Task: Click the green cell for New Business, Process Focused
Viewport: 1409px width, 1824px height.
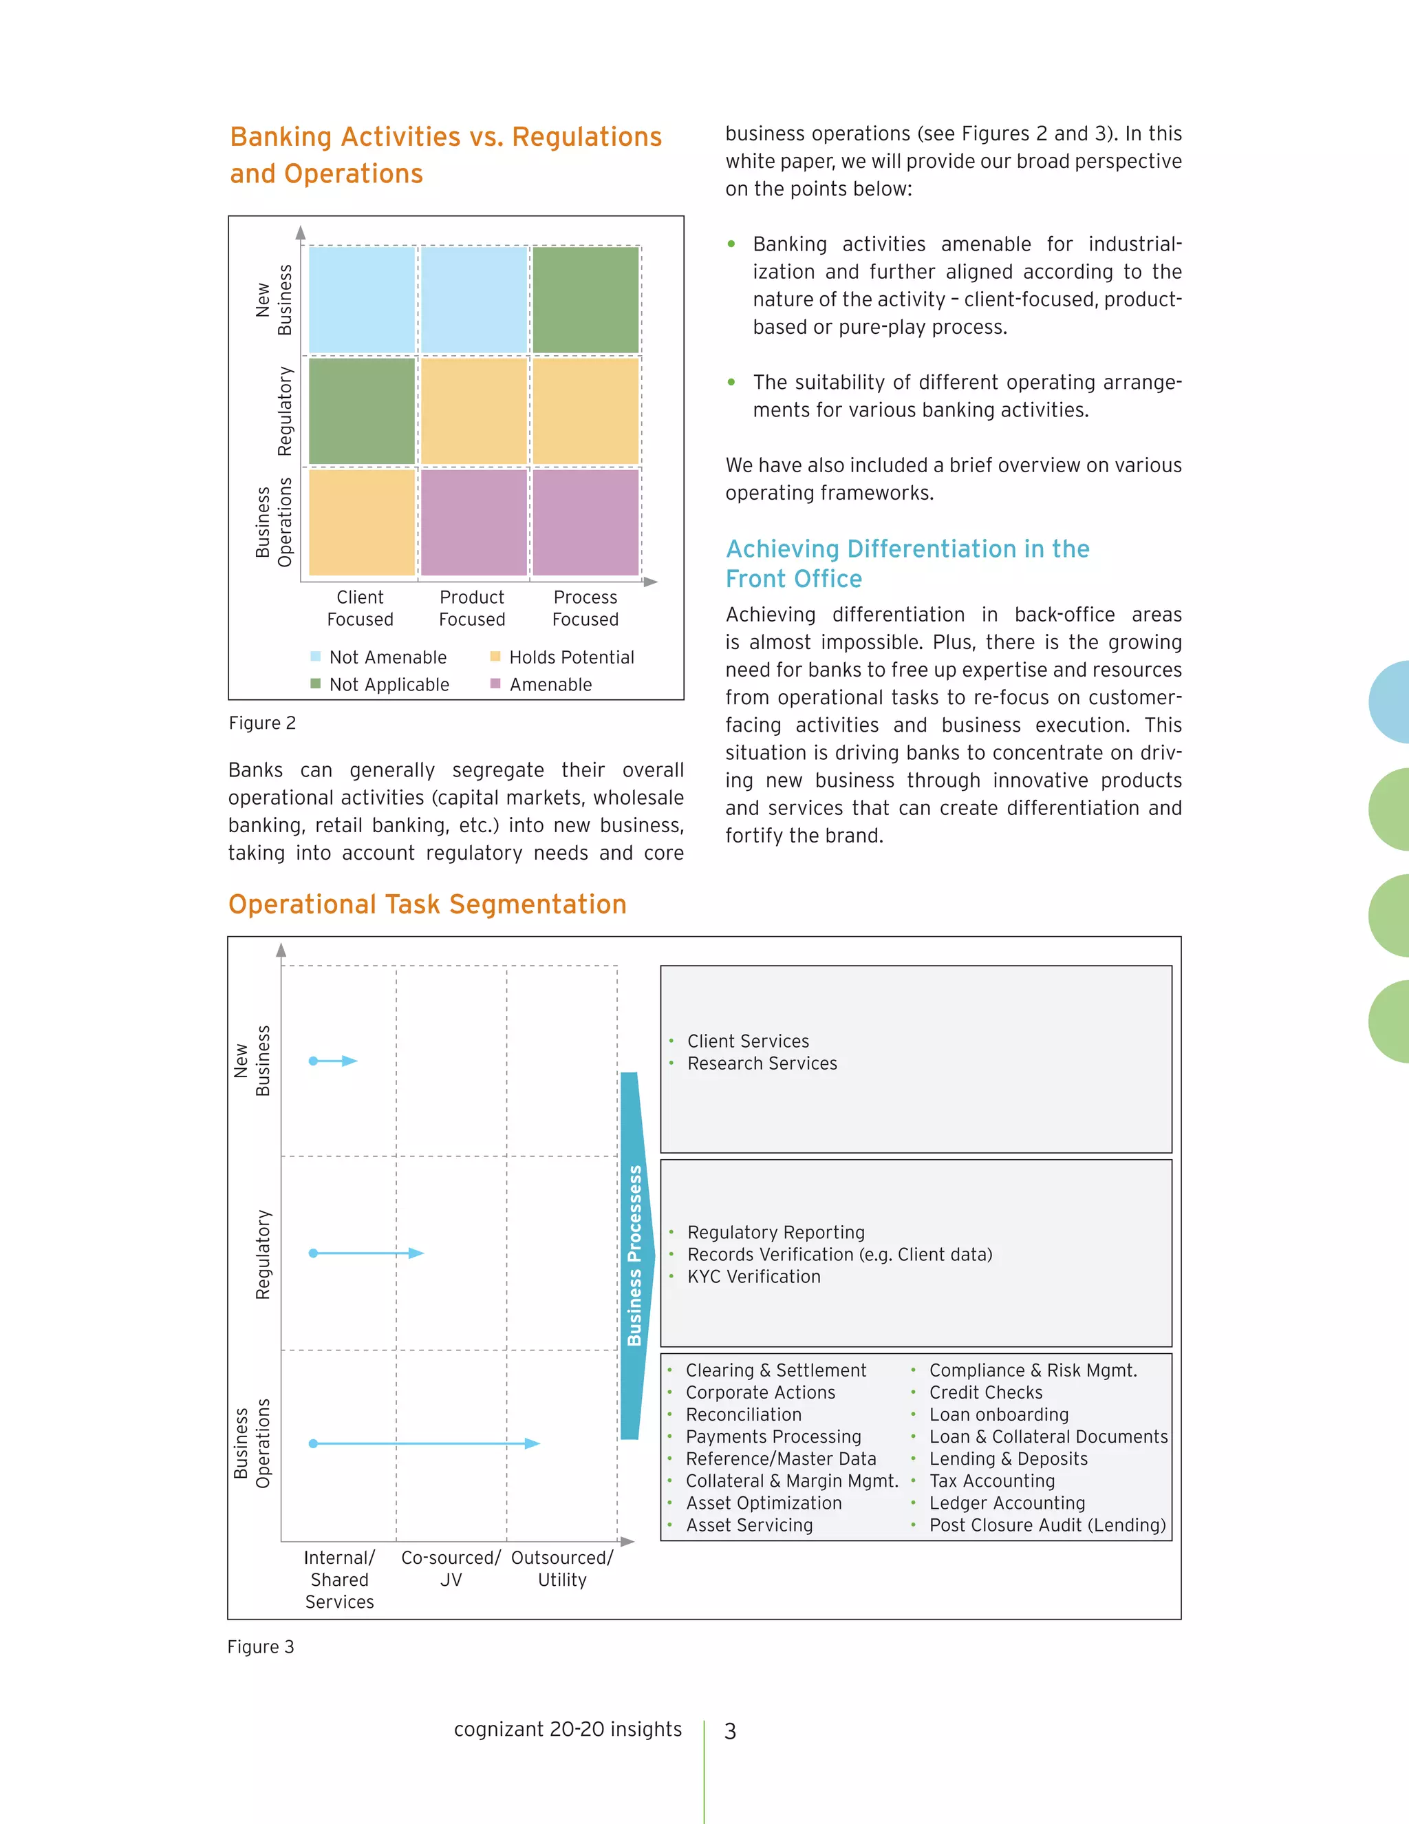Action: (585, 300)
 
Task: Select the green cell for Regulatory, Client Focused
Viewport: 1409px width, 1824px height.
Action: (361, 411)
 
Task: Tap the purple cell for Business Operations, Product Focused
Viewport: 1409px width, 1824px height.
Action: (473, 522)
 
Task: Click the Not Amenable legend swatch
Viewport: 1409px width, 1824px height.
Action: (316, 657)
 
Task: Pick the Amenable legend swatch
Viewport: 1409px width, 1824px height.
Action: (495, 684)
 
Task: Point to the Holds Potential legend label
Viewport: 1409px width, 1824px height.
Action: (572, 657)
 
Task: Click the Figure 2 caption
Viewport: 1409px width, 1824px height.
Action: (262, 723)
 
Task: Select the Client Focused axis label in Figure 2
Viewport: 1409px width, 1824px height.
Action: (360, 608)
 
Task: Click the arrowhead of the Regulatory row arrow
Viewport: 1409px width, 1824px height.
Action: (416, 1253)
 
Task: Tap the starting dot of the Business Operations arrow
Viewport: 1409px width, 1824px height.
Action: (313, 1443)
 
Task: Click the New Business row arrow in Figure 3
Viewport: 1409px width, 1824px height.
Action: (333, 1061)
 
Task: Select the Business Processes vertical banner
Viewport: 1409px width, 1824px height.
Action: (634, 1255)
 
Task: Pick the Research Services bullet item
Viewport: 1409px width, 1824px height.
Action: (762, 1063)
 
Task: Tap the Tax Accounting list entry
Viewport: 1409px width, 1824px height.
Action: (991, 1481)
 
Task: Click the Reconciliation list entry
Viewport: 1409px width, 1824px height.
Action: (743, 1414)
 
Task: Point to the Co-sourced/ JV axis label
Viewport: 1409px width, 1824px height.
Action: (451, 1569)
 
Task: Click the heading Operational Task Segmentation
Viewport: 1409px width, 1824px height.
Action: (427, 904)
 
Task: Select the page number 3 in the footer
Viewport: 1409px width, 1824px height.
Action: (731, 1731)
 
